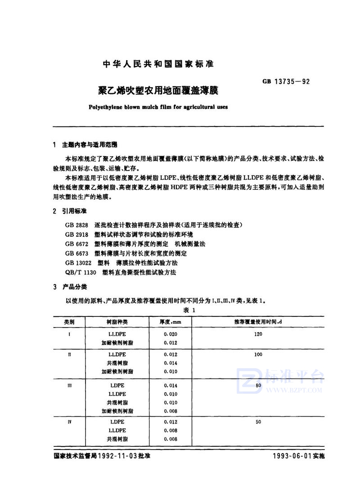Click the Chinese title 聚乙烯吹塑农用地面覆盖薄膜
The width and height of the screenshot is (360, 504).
(x=158, y=90)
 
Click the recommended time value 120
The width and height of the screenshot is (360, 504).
(x=258, y=334)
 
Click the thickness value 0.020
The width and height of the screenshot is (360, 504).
(x=171, y=334)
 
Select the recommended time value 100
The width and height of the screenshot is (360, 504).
(x=258, y=355)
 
